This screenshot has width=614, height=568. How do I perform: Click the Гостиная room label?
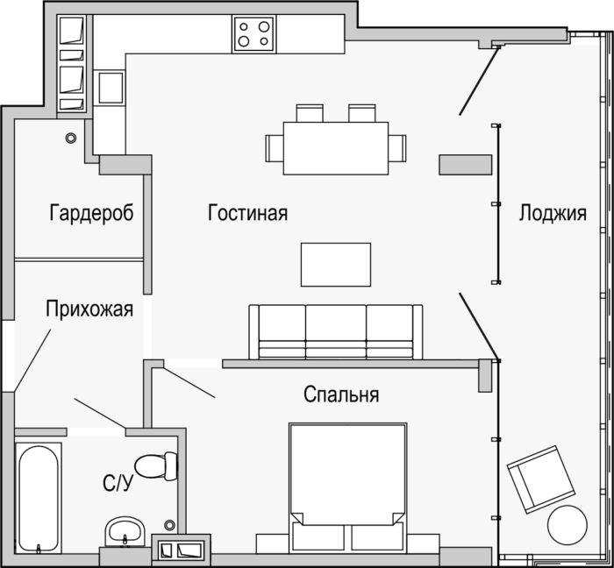pos(247,213)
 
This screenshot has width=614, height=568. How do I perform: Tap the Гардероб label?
pos(91,213)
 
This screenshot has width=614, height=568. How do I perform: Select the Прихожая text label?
pos(89,309)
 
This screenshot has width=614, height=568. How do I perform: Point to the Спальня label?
pos(341,394)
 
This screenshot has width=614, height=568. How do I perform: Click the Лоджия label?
pos(553,214)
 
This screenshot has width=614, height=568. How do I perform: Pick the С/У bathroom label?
pos(118,483)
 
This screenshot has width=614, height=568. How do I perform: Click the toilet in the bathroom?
pos(156,466)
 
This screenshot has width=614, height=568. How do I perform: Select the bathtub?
pos(38,498)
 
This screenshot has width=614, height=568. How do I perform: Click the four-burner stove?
pos(253,34)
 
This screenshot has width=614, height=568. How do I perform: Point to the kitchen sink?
pos(111,88)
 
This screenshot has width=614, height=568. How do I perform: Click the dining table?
pos(336,148)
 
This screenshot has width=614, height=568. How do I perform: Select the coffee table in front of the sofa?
pos(336,265)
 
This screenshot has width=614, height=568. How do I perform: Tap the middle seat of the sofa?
pos(336,331)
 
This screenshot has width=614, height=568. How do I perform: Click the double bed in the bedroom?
pos(347,487)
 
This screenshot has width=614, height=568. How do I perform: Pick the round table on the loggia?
pos(567,524)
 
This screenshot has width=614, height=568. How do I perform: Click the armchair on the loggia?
pos(541,479)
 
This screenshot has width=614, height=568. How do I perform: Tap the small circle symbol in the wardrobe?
pos(71,138)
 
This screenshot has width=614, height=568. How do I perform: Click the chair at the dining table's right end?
pos(397,148)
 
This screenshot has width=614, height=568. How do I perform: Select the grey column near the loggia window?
pos(465,165)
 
